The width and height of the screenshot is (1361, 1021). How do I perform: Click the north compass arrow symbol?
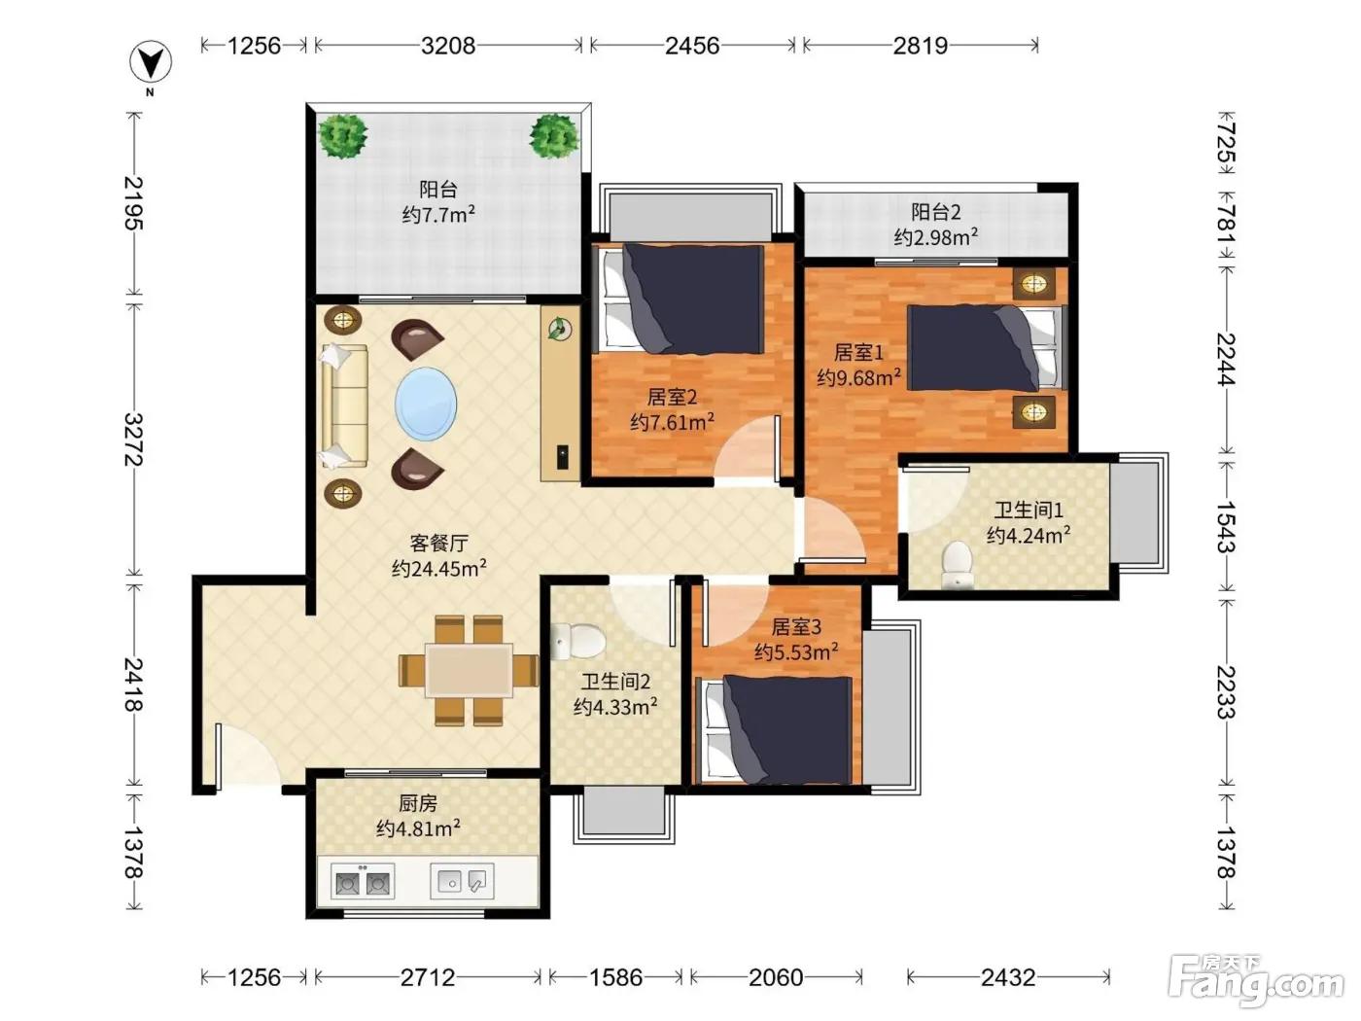(x=151, y=62)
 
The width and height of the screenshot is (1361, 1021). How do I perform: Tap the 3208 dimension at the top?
(x=448, y=46)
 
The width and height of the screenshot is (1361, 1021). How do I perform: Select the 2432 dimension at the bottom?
(x=1008, y=977)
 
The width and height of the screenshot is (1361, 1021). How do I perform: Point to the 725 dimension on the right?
(x=1226, y=142)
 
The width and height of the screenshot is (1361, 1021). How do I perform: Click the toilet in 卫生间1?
(x=958, y=564)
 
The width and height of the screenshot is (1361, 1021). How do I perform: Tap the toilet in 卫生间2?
(x=577, y=641)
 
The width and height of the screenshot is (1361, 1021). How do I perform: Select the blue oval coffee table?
(x=426, y=405)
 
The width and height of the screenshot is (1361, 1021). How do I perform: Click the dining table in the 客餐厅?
(x=469, y=670)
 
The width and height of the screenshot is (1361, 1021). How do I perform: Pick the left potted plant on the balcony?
(x=343, y=136)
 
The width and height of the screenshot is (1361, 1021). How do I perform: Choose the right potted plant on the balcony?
(x=554, y=136)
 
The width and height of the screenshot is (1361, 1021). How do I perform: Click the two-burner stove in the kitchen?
(x=363, y=881)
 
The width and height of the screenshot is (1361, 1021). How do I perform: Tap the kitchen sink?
(x=463, y=881)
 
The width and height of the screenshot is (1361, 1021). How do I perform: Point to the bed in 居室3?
(x=777, y=729)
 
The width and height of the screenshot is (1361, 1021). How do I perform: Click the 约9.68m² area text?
(x=858, y=377)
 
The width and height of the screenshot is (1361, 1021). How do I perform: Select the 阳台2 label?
(x=935, y=213)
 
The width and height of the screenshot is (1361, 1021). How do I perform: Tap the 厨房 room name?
(x=418, y=804)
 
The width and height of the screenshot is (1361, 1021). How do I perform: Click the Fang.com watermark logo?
(x=1256, y=981)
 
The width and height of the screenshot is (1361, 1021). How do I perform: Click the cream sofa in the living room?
(x=344, y=406)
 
